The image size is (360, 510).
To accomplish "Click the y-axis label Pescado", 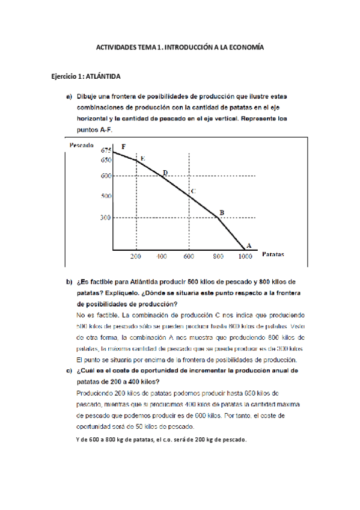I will pyautogui.click(x=82, y=145).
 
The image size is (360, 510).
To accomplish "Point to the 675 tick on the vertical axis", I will pyautogui.click(x=106, y=150).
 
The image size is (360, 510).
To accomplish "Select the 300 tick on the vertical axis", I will pyautogui.click(x=105, y=218).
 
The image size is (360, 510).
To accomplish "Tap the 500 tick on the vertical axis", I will pyautogui.click(x=105, y=196).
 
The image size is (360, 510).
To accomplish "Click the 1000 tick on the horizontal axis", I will pyautogui.click(x=245, y=257).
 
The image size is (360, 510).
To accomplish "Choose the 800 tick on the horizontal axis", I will pyautogui.click(x=218, y=257).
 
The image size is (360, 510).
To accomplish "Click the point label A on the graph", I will pyautogui.click(x=248, y=245).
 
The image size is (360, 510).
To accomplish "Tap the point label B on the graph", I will pyautogui.click(x=222, y=212).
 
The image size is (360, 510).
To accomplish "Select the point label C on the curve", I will pyautogui.click(x=192, y=192).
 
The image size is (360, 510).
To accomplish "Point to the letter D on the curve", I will pyautogui.click(x=165, y=173).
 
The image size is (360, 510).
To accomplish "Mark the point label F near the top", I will pyautogui.click(x=123, y=146).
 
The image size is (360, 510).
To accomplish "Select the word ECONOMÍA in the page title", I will pyautogui.click(x=246, y=47).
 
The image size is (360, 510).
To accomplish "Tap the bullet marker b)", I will pyautogui.click(x=69, y=281).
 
